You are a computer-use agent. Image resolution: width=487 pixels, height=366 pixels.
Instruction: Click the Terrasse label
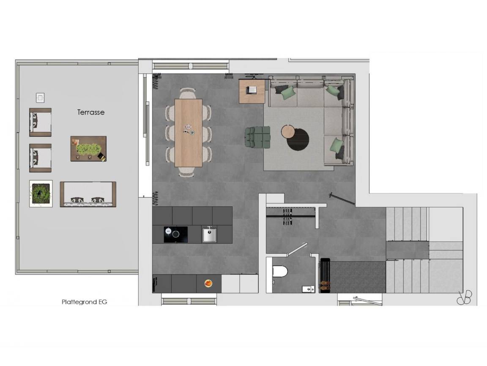pyautogui.click(x=91, y=112)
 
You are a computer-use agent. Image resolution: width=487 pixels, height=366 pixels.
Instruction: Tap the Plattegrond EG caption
pyautogui.click(x=84, y=302)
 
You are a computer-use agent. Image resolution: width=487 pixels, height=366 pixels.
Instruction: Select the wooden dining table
pyautogui.click(x=189, y=133)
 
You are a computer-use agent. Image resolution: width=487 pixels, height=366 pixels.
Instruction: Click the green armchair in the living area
pyautogui.click(x=257, y=137)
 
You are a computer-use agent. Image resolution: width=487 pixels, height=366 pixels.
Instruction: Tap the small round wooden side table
pyautogui.click(x=288, y=131)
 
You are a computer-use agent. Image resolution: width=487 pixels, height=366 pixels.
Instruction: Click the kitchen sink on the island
pyautogui.click(x=210, y=234)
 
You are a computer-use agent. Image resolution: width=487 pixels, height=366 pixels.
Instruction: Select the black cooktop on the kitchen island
pyautogui.click(x=175, y=234)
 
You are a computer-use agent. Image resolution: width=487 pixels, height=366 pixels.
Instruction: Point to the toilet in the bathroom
pyautogui.click(x=280, y=271)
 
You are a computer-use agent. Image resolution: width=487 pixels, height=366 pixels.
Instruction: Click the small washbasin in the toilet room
pyautogui.click(x=308, y=289)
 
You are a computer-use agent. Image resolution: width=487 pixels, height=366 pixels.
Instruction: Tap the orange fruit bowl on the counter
pyautogui.click(x=208, y=283)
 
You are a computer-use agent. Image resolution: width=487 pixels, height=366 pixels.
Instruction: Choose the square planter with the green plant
pyautogui.click(x=41, y=194)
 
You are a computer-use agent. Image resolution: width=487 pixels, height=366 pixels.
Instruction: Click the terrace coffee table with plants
pyautogui.click(x=88, y=148)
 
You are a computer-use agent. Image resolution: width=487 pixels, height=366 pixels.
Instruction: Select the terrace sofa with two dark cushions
pyautogui.click(x=88, y=194)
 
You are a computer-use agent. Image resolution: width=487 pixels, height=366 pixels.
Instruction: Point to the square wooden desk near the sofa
pyautogui.click(x=252, y=91)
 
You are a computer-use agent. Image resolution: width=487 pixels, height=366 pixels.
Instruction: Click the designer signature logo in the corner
pyautogui.click(x=464, y=298)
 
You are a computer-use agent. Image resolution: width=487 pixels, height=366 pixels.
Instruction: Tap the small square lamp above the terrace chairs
pyautogui.click(x=40, y=97)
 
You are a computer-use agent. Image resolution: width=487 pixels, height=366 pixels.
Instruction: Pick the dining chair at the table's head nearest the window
pyautogui.click(x=187, y=94)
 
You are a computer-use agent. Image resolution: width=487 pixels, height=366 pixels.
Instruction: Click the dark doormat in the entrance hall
pyautogui.click(x=357, y=277)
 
